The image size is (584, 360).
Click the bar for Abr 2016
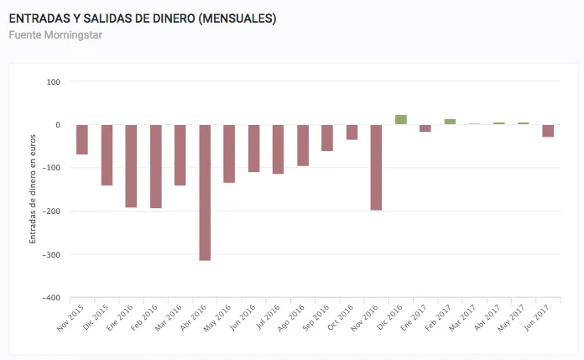tap(205, 192)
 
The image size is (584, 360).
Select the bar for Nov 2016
tap(376, 167)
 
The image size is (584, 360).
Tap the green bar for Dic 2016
tap(400, 120)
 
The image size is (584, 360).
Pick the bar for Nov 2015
tap(82, 139)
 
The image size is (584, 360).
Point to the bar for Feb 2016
tap(156, 166)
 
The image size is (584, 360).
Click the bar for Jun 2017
tap(548, 131)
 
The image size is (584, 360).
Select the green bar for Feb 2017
tap(450, 122)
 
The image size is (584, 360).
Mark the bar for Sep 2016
tap(327, 138)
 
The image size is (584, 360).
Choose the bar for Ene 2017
tap(425, 128)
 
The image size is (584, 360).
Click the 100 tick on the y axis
tap(54, 81)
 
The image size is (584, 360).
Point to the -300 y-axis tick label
tap(51, 254)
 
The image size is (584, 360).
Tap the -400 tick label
tap(51, 297)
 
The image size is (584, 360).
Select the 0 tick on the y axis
tap(58, 125)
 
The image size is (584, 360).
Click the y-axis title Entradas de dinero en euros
tap(34, 189)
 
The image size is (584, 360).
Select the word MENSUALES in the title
tap(235, 18)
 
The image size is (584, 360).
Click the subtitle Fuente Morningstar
tap(55, 35)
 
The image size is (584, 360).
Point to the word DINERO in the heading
tap(168, 18)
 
